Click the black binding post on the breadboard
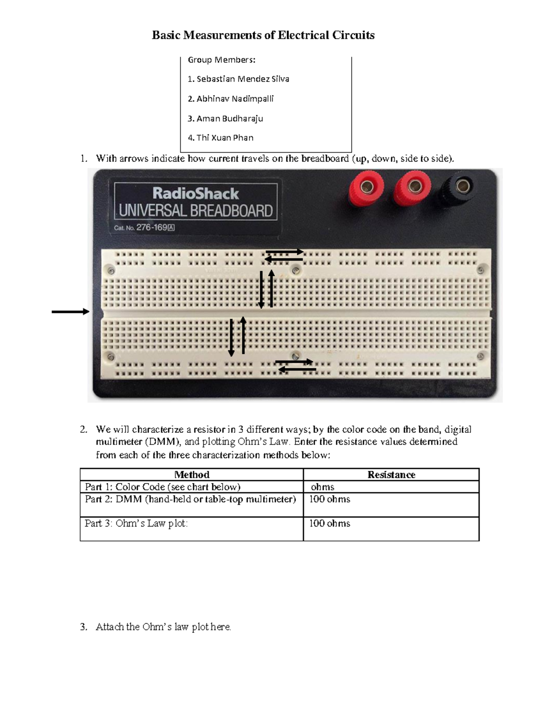tap(462, 186)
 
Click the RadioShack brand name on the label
tap(195, 194)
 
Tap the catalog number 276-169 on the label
tap(152, 228)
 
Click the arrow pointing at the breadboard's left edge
tap(70, 311)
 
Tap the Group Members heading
tap(221, 60)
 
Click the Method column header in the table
tap(192, 474)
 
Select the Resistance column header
tap(391, 474)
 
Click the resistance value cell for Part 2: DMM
tap(330, 499)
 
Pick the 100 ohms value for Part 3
tap(330, 524)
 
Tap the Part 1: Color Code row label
tap(162, 487)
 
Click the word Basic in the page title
tap(166, 35)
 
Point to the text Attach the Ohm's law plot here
tap(163, 627)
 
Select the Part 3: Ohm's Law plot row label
tap(136, 524)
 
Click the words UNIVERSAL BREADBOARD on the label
tap(195, 211)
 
